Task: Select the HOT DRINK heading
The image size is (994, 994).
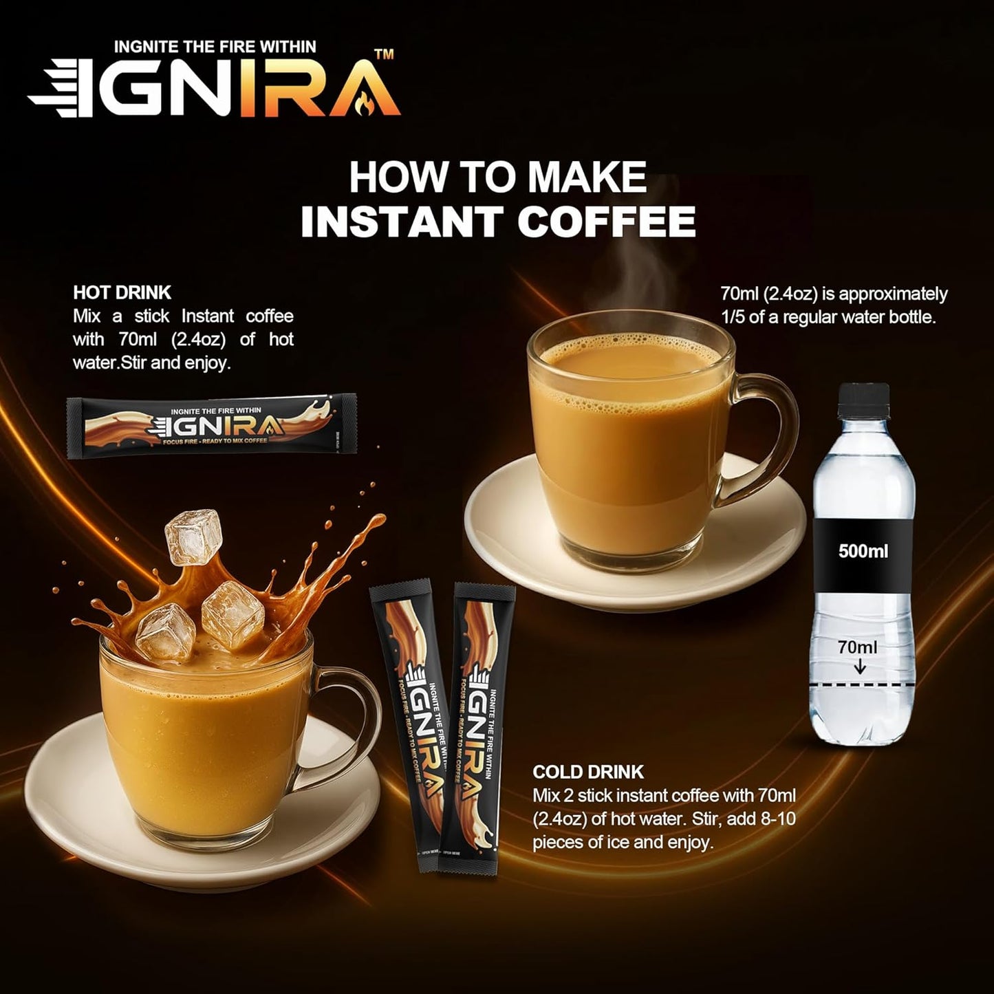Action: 122,292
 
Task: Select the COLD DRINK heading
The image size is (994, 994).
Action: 588,772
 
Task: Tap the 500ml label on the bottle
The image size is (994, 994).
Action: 863,551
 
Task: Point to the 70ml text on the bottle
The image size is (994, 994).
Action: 857,647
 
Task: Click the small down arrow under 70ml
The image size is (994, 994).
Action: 859,667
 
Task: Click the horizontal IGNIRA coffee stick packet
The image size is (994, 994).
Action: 211,426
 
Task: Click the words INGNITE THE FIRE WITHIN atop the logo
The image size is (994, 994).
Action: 215,47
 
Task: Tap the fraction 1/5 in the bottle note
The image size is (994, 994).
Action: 732,317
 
